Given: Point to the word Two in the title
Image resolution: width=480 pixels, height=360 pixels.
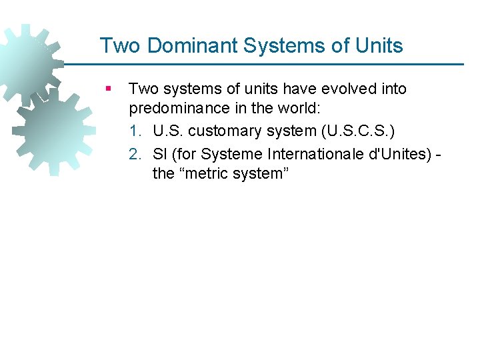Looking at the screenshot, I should pos(121,46).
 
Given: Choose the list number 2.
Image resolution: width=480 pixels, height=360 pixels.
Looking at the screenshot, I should pos(135,155).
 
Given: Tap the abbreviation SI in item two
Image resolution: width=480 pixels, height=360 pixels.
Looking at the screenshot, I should pos(160,155).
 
